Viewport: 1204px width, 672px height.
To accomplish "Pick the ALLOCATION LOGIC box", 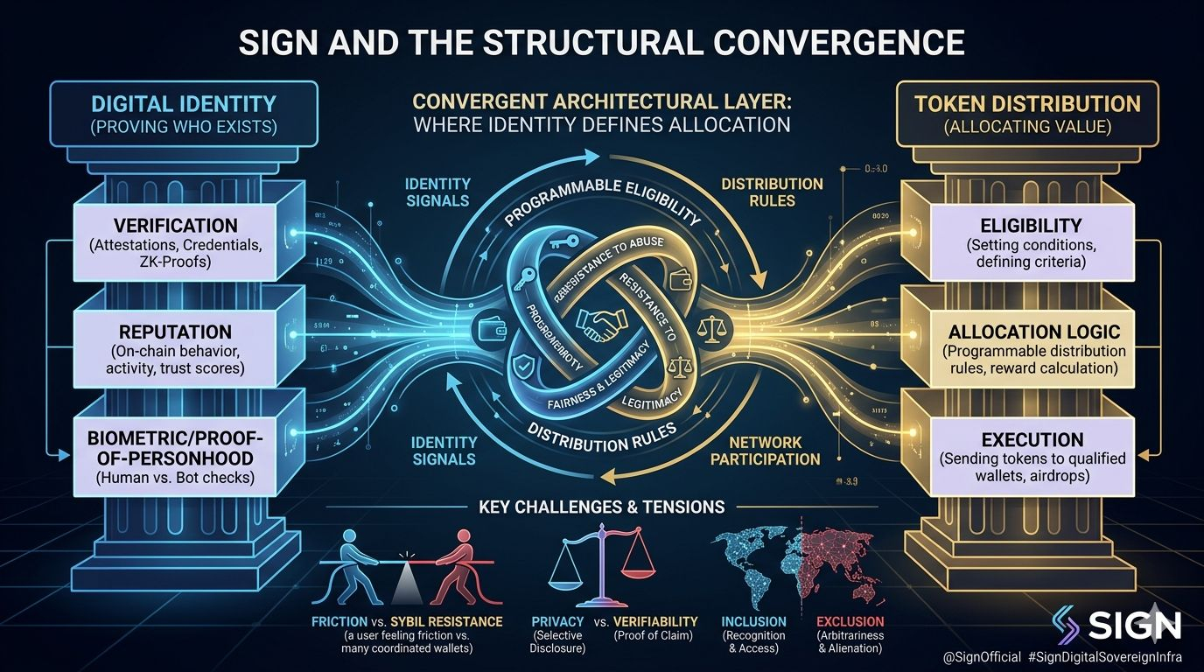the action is pyautogui.click(x=1033, y=350).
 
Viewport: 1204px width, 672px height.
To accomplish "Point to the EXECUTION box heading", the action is pyautogui.click(x=1032, y=439).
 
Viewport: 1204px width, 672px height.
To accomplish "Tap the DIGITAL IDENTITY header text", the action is pyautogui.click(x=184, y=104).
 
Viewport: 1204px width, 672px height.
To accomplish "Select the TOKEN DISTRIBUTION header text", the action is pyautogui.click(x=1027, y=104).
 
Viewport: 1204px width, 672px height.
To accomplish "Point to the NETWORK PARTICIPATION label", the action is pyautogui.click(x=765, y=451).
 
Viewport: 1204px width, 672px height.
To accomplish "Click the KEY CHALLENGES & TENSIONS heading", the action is pyautogui.click(x=602, y=506).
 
